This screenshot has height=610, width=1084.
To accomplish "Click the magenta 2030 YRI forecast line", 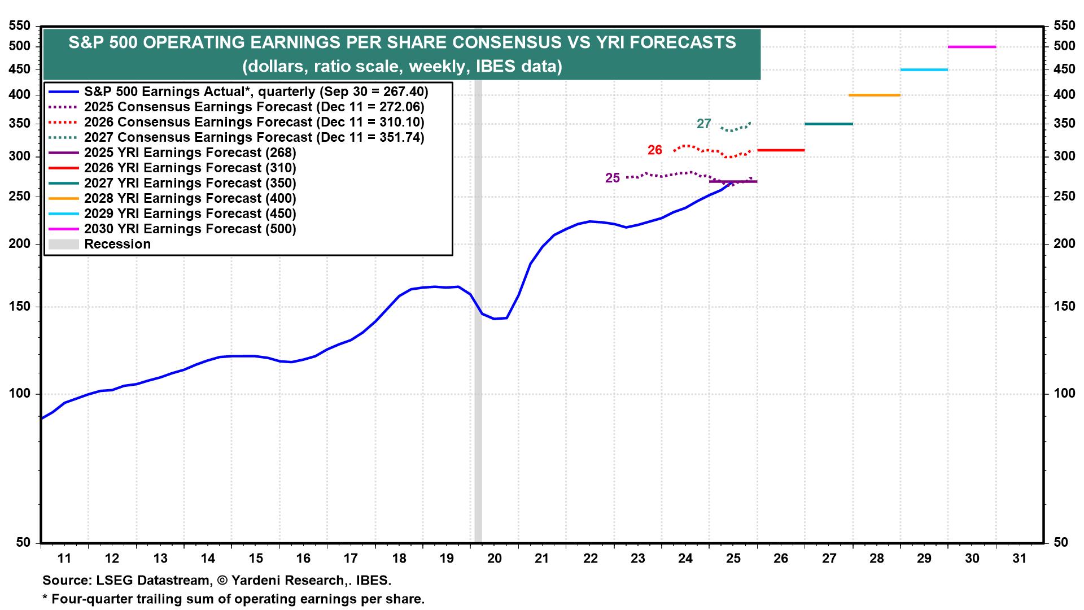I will click(x=972, y=47).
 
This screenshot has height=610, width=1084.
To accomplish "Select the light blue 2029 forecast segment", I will click(x=924, y=70).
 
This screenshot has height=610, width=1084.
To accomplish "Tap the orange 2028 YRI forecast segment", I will click(x=874, y=95).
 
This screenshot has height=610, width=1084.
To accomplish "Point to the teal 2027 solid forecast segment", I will click(x=828, y=124).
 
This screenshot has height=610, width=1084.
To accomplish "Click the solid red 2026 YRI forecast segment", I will click(x=780, y=150).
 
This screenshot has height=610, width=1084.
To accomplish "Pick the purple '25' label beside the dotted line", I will click(x=613, y=178).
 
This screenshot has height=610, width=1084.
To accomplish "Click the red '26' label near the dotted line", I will click(x=655, y=150).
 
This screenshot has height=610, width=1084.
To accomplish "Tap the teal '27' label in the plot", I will click(x=703, y=124).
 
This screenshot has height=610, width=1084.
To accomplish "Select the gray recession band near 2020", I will click(x=478, y=395).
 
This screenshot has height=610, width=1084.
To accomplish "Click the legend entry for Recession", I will click(x=117, y=245).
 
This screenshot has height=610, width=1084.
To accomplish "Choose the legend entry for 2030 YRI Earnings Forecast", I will click(x=190, y=229).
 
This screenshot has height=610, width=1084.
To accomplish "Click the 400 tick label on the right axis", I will click(x=1064, y=95).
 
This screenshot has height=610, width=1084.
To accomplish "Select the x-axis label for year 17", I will click(x=351, y=559).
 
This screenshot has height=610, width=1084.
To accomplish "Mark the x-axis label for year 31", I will click(x=1020, y=559).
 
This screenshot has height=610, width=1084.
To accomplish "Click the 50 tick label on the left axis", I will click(x=23, y=543).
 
